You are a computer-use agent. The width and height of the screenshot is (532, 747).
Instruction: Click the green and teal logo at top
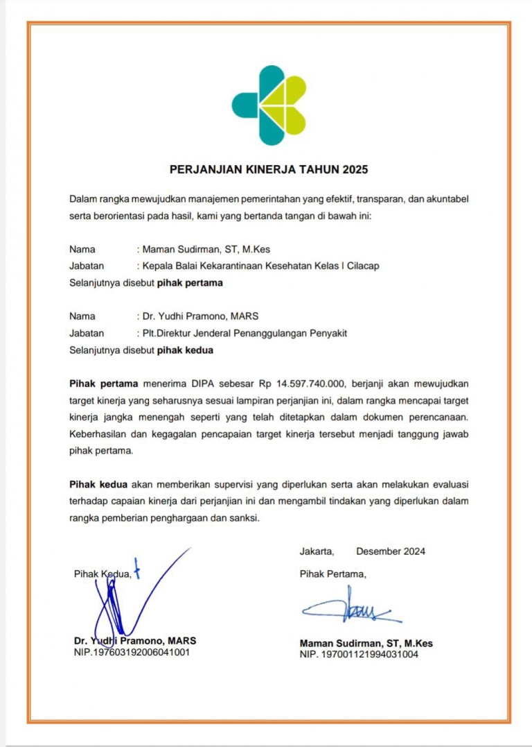point(268,103)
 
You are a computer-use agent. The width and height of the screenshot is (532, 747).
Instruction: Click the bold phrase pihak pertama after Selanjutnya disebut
point(190,283)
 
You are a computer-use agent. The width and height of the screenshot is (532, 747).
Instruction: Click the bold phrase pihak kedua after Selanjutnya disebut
point(185,350)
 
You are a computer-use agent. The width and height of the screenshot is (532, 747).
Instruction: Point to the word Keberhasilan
point(98,434)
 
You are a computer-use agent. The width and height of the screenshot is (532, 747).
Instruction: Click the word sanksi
point(244,518)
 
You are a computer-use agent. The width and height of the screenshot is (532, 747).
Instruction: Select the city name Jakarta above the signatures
point(317,552)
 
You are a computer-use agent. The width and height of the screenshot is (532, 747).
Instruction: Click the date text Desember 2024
point(391,552)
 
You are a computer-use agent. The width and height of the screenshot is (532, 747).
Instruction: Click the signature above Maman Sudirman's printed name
point(350,608)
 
